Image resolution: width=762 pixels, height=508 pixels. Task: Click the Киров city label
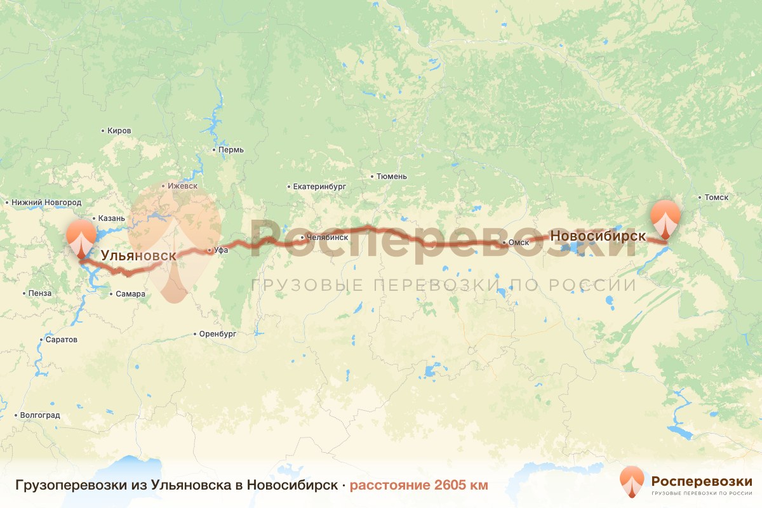coord(119,131)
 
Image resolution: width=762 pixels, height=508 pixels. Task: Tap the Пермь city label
coord(231,150)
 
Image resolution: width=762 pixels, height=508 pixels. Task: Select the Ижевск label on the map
coord(182,187)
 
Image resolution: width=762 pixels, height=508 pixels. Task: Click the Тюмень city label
coord(391,177)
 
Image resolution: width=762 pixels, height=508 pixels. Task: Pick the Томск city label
coord(716,197)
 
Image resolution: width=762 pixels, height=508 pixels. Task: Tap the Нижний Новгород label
coord(46,203)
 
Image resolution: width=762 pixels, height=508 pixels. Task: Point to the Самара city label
coord(130,294)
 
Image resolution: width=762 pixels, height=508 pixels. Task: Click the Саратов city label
coord(61,340)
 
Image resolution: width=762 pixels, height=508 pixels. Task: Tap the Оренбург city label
coord(217,333)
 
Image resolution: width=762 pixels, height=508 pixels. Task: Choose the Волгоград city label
coord(40,415)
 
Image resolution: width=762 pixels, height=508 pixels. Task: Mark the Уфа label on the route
coord(220,250)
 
